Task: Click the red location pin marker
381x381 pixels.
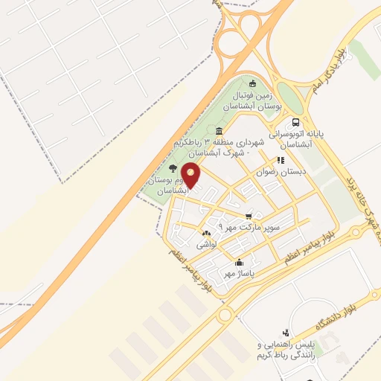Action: point(191,175)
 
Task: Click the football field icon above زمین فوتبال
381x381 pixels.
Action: point(252,83)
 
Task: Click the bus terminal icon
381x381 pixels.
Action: point(296,123)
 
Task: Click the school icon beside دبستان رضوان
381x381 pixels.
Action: point(281,159)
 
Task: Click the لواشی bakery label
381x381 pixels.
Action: point(205,244)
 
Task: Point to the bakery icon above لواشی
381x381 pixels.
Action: point(205,233)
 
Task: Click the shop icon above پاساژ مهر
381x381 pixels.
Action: point(239,262)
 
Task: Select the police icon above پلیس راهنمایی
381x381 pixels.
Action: point(285,333)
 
